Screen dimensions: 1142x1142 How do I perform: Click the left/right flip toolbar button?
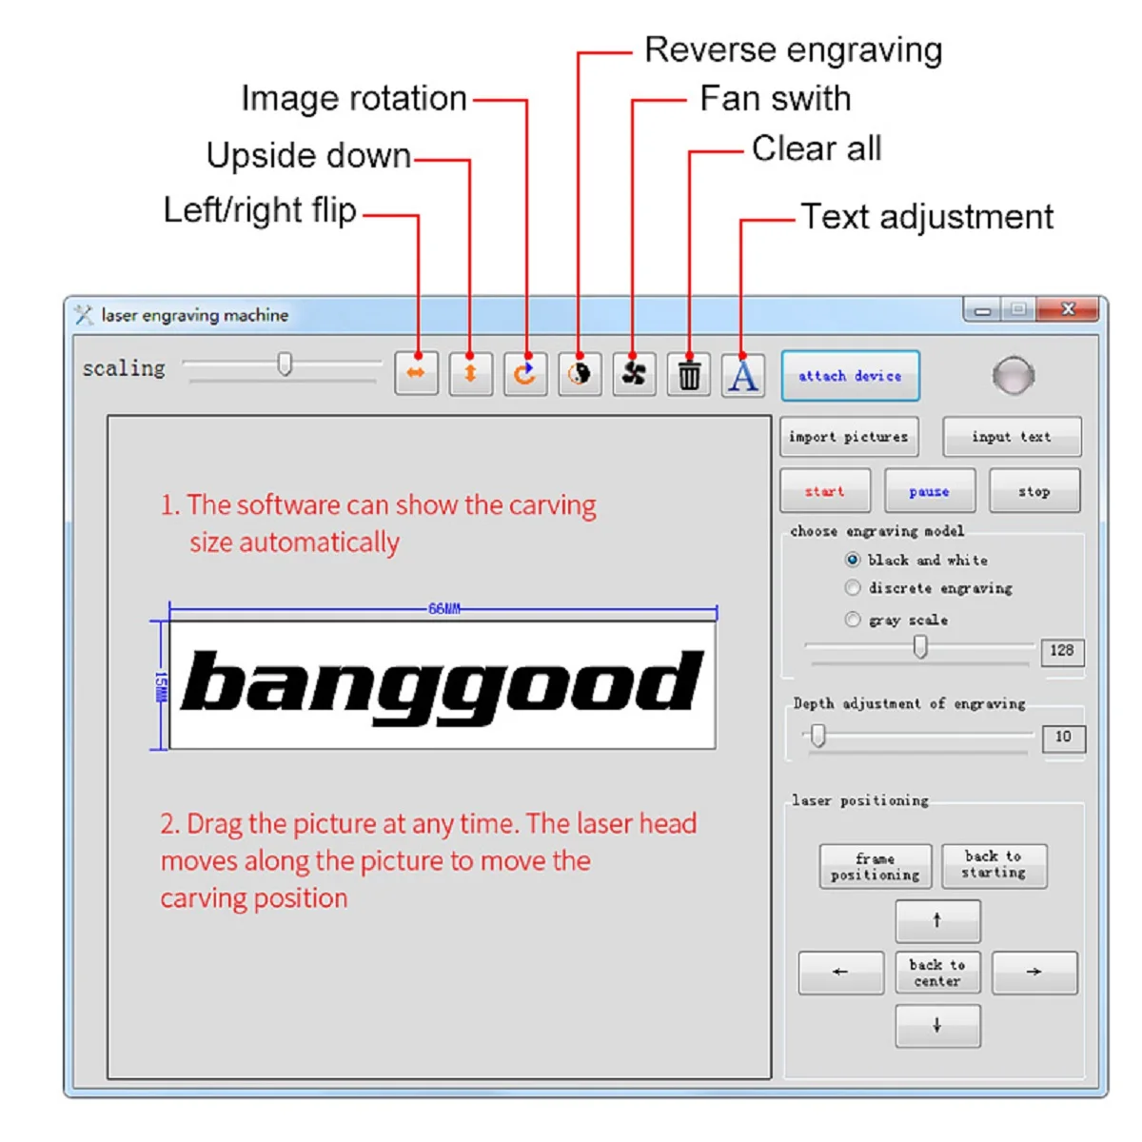point(416,373)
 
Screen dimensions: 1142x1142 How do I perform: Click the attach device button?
point(850,376)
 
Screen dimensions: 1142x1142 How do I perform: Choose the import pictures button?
point(849,437)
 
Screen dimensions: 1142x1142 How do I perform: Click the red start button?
point(825,491)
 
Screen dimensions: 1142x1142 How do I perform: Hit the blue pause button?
point(929,491)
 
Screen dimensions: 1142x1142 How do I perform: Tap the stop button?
point(1034,491)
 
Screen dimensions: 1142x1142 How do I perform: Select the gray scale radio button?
point(852,620)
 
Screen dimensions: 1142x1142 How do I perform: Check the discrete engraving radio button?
point(852,588)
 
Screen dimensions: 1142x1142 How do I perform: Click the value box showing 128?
point(1063,652)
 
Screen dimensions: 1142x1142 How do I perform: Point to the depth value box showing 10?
point(1064,738)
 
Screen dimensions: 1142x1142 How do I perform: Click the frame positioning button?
point(876,866)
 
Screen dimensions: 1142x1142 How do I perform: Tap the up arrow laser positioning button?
point(937,921)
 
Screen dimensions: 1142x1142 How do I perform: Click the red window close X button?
point(1068,309)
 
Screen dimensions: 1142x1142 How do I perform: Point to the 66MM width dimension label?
point(443,609)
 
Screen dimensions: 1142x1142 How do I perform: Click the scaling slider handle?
point(285,364)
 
